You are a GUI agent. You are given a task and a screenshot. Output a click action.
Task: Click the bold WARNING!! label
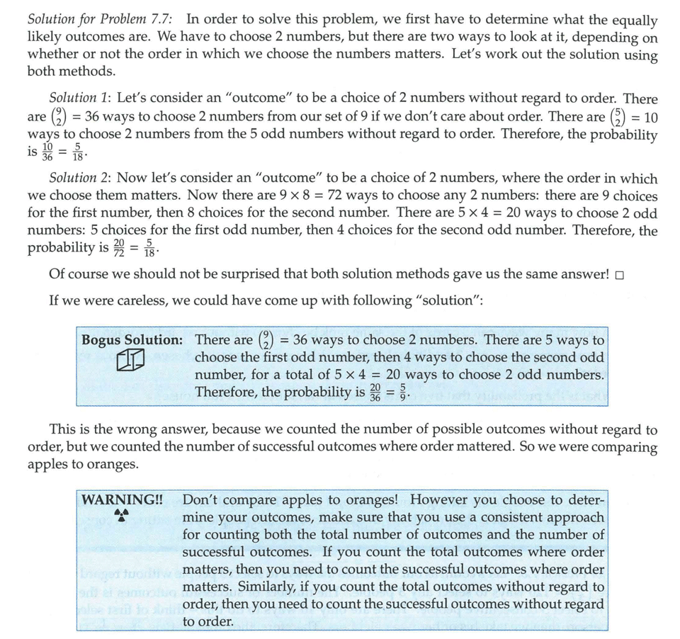click(x=122, y=499)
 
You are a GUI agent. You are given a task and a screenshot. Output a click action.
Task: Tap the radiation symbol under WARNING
click(x=121, y=515)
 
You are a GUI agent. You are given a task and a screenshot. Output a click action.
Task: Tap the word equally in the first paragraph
click(x=633, y=21)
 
